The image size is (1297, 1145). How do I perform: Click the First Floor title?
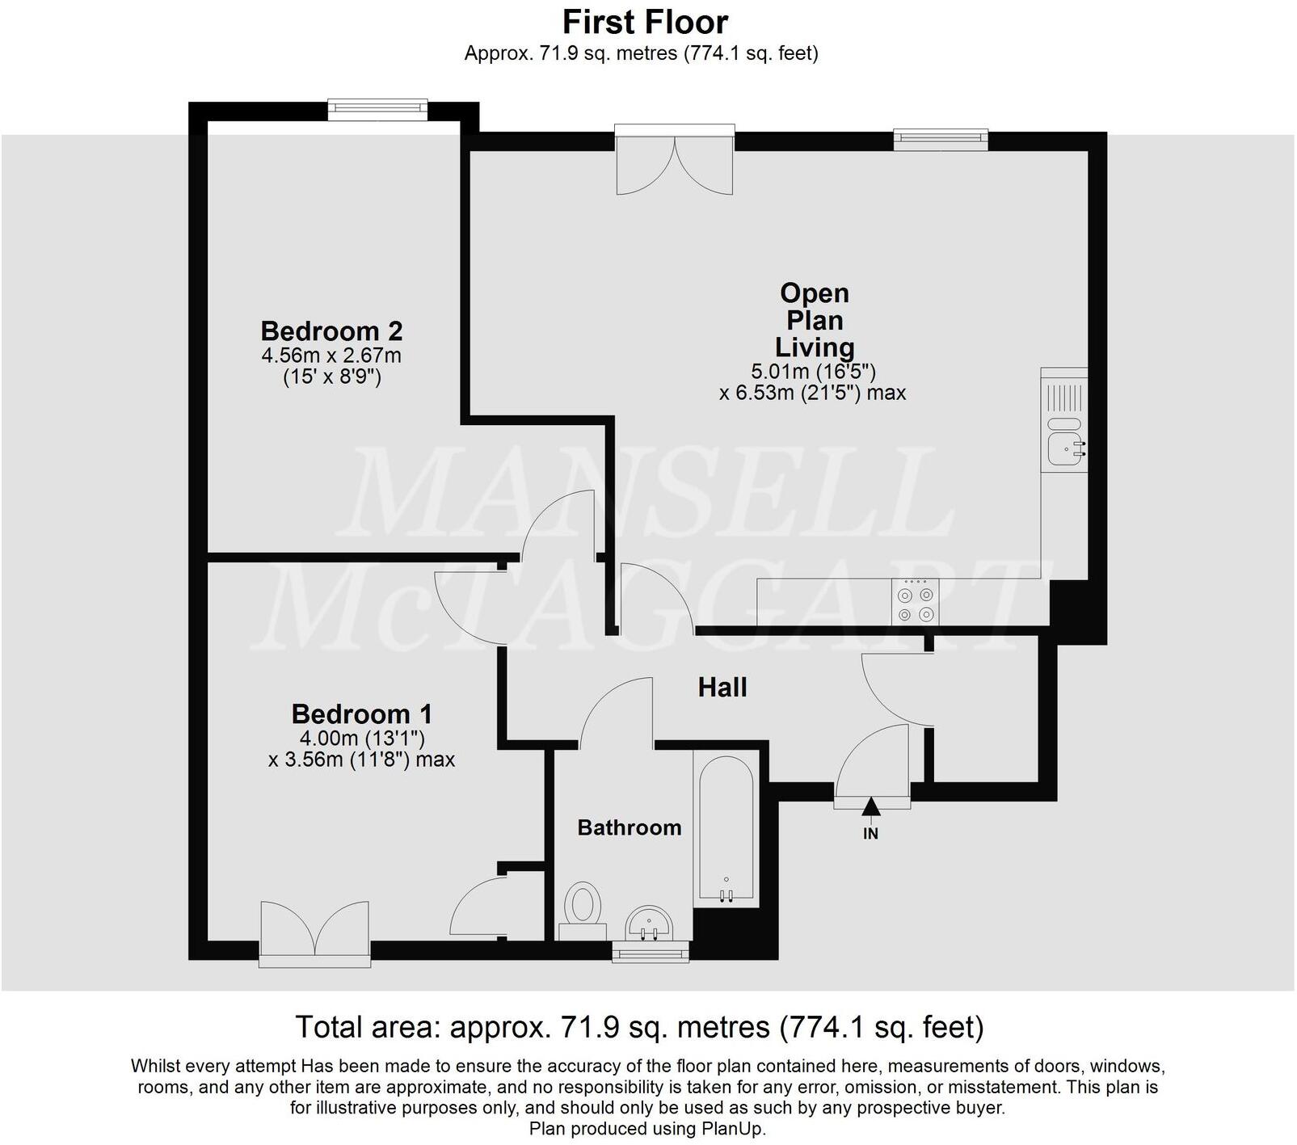[x=645, y=22]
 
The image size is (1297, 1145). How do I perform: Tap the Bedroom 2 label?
[x=331, y=331]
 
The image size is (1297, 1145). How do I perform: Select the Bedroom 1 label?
[x=361, y=714]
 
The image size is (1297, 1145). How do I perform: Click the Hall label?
[x=722, y=688]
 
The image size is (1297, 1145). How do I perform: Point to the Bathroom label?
[x=629, y=827]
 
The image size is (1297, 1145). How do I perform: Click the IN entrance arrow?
[x=870, y=807]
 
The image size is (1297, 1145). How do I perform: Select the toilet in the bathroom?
[x=583, y=905]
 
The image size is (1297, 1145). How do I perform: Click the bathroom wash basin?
[x=649, y=924]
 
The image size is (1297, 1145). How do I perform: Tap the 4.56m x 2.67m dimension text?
[x=331, y=356]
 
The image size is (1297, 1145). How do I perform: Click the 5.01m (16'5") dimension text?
[x=813, y=372]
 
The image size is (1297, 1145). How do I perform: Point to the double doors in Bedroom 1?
[x=315, y=933]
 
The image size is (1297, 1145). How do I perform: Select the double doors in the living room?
[x=675, y=162]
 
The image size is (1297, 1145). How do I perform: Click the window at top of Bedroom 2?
[x=377, y=107]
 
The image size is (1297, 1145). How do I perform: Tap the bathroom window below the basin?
[x=651, y=953]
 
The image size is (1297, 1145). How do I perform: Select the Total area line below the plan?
[x=639, y=1027]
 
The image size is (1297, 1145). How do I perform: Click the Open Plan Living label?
[x=814, y=320]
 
